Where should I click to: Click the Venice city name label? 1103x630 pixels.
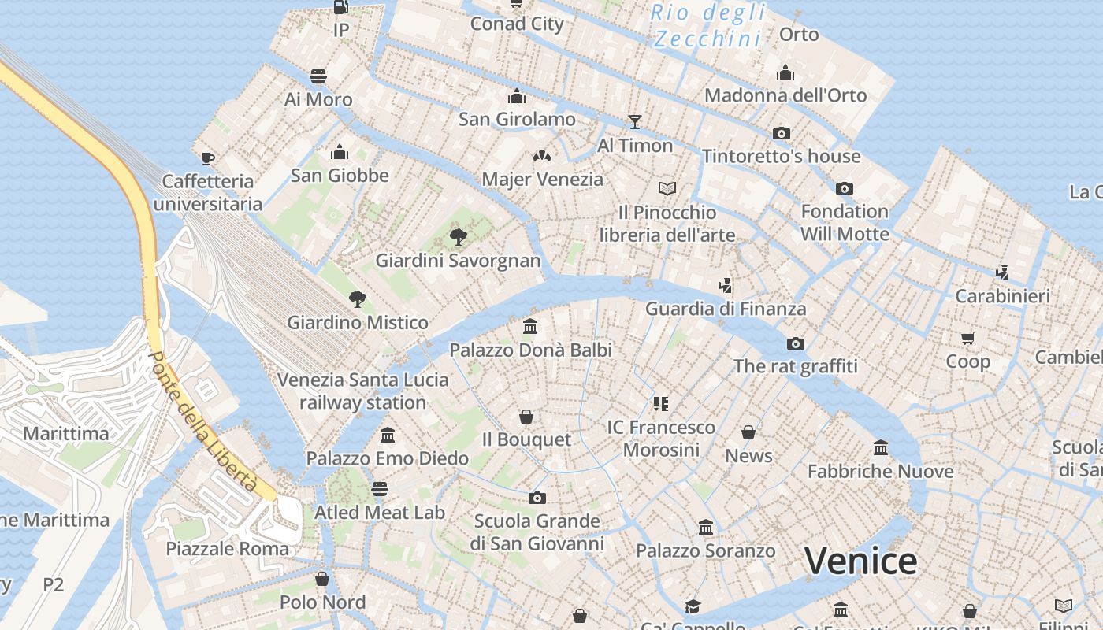pyautogui.click(x=860, y=561)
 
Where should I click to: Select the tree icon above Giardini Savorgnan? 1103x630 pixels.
pyautogui.click(x=458, y=236)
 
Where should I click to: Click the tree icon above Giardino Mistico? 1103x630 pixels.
pyautogui.click(x=358, y=298)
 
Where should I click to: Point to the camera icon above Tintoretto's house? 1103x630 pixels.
pyautogui.click(x=781, y=133)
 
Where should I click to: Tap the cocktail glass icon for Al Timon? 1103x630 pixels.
pyautogui.click(x=635, y=121)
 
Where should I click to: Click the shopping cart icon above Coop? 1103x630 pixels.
pyautogui.click(x=967, y=338)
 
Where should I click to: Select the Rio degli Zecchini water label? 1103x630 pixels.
pyautogui.click(x=707, y=25)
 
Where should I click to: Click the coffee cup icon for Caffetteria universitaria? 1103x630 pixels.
pyautogui.click(x=207, y=158)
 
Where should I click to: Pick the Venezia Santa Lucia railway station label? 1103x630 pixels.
pyautogui.click(x=362, y=391)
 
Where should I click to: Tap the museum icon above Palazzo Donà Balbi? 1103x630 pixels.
pyautogui.click(x=530, y=326)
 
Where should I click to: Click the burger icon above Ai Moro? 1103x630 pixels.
pyautogui.click(x=318, y=76)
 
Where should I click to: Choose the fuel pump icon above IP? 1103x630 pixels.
pyautogui.click(x=340, y=7)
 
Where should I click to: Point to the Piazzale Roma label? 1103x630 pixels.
pyautogui.click(x=227, y=548)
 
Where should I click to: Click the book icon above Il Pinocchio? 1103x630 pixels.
pyautogui.click(x=667, y=188)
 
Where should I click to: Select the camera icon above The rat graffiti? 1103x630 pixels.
pyautogui.click(x=796, y=343)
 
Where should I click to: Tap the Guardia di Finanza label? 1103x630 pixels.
pyautogui.click(x=726, y=309)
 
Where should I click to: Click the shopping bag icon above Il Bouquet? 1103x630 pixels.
pyautogui.click(x=526, y=416)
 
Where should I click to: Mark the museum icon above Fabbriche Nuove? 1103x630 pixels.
pyautogui.click(x=881, y=448)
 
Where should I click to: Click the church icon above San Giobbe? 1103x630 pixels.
pyautogui.click(x=340, y=152)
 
